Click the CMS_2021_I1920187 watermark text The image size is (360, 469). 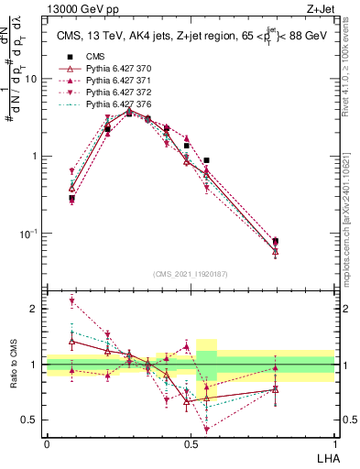click(190, 274)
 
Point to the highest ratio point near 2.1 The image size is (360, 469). click(71, 301)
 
